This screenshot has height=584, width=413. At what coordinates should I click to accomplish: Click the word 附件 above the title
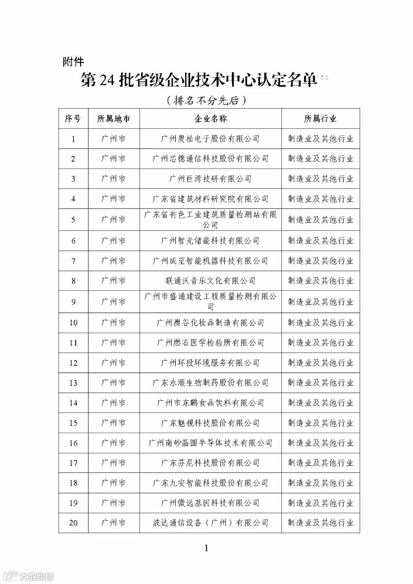pyautogui.click(x=73, y=62)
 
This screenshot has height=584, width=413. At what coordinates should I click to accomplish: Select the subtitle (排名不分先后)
pyautogui.click(x=206, y=101)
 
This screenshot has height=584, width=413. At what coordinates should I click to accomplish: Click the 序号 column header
pyautogui.click(x=73, y=118)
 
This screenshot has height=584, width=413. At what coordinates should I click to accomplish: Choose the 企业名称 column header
pyautogui.click(x=210, y=118)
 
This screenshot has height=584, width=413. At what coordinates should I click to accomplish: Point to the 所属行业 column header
pyautogui.click(x=320, y=118)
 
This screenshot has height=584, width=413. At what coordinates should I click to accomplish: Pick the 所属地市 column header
pyautogui.click(x=114, y=118)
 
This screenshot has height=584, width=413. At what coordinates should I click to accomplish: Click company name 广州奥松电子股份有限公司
pyautogui.click(x=210, y=139)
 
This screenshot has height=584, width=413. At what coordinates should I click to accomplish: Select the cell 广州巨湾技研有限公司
pyautogui.click(x=210, y=178)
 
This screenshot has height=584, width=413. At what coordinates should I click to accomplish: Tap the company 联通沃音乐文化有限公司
pyautogui.click(x=210, y=281)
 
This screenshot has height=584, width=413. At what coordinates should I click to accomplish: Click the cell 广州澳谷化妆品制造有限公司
pyautogui.click(x=210, y=323)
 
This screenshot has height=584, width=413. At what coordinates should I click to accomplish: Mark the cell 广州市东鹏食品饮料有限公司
pyautogui.click(x=210, y=403)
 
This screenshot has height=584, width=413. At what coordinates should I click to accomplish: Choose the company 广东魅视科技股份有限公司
pyautogui.click(x=210, y=423)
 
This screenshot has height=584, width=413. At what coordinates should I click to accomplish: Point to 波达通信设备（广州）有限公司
pyautogui.click(x=210, y=522)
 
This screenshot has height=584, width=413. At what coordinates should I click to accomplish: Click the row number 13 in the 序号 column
pyautogui.click(x=73, y=383)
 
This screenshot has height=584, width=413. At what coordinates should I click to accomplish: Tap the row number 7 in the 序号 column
pyautogui.click(x=73, y=261)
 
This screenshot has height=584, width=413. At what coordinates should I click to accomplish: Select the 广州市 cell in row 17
pyautogui.click(x=114, y=463)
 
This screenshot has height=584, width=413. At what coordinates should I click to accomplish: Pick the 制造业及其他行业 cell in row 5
pyautogui.click(x=320, y=219)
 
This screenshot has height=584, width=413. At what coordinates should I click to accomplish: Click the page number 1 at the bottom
pyautogui.click(x=206, y=548)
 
